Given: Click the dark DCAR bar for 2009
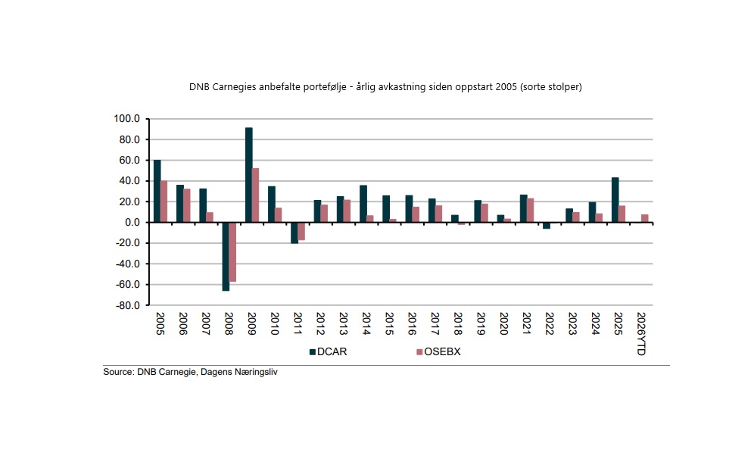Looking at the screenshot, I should coord(248,175).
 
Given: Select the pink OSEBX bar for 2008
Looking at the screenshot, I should coord(232,251).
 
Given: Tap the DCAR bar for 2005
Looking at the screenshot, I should coord(157,191).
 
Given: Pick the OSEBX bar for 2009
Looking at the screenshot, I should coord(256,195).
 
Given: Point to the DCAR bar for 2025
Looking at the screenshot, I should coord(615,200).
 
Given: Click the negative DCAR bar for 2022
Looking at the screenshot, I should coord(547,225).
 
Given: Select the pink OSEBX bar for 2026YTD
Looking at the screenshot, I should coord(645,219).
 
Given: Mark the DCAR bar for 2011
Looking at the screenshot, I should coord(294,233).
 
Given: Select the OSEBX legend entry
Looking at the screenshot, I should coord(441,351).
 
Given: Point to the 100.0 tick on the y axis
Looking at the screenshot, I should coord(127,119).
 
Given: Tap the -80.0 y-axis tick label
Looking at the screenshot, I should coord(126,306).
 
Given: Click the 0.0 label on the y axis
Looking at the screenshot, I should coord(133,223).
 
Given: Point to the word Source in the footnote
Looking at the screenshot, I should coord(118,373).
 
